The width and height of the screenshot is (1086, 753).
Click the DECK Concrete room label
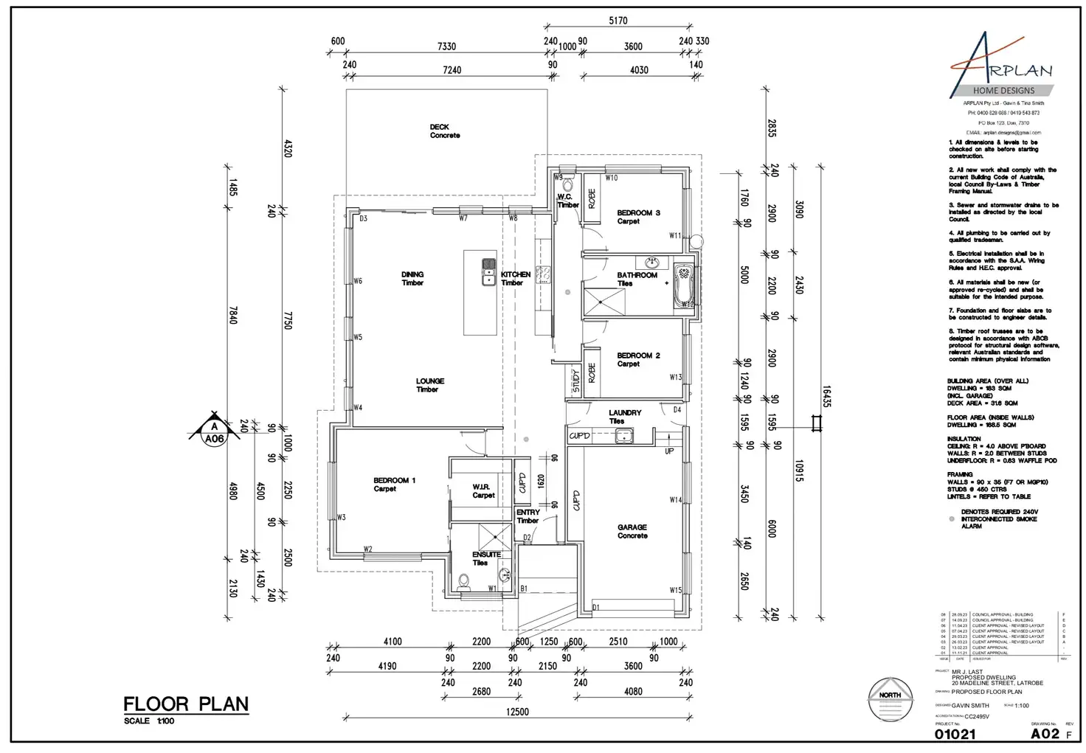click(445, 131)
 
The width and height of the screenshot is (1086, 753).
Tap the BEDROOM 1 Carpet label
click(394, 485)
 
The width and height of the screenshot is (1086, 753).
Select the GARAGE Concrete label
click(632, 531)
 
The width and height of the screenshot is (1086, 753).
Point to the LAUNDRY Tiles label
click(625, 417)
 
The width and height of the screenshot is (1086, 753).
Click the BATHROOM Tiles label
click(637, 279)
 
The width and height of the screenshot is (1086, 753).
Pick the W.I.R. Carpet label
click(483, 491)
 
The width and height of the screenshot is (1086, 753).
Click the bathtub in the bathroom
click(684, 285)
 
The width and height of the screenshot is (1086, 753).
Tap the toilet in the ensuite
click(464, 581)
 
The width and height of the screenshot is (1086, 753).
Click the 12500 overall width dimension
click(517, 712)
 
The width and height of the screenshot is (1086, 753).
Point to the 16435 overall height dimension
click(827, 396)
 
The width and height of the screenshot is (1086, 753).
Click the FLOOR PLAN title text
click(186, 704)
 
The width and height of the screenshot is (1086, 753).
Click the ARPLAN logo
click(1002, 66)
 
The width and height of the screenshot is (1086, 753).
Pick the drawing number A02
click(1045, 733)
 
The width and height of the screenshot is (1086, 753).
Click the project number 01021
click(955, 734)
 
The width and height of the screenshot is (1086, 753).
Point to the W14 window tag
click(675, 500)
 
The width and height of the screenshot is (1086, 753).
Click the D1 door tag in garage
click(596, 608)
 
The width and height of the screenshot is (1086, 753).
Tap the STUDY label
click(576, 381)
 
